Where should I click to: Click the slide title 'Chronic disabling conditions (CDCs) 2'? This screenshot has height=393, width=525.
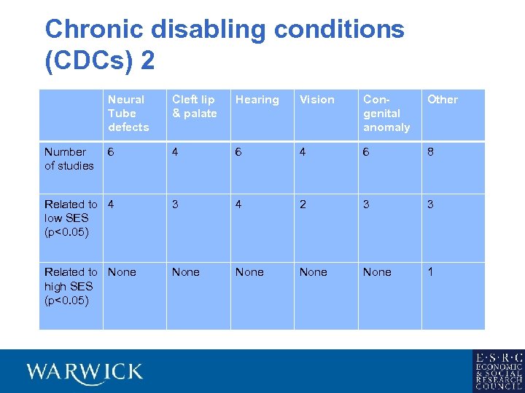tap(224, 44)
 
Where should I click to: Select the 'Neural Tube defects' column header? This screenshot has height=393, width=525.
tap(128, 113)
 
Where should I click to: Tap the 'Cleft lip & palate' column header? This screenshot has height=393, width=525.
tap(194, 106)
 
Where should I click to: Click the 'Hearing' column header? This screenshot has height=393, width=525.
tap(257, 100)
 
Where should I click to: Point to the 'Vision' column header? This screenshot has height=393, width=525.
tap(317, 100)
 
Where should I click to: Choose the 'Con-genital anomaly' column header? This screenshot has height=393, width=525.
tap(386, 113)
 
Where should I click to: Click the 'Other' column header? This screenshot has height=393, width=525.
tap(443, 100)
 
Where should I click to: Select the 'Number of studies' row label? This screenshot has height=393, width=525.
tap(69, 159)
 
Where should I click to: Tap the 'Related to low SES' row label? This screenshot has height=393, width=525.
tap(71, 218)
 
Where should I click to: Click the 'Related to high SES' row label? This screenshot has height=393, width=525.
tap(71, 286)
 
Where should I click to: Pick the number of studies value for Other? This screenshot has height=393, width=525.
tap(430, 152)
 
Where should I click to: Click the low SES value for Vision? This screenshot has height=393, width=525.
tap(303, 205)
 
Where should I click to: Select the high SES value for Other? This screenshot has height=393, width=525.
tap(430, 272)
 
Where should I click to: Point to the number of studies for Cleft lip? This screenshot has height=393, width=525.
tap(175, 152)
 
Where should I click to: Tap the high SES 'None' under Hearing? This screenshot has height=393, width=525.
tap(249, 272)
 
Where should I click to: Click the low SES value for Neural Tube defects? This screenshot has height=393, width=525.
tap(111, 205)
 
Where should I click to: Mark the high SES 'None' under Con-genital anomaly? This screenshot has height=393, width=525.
tap(377, 272)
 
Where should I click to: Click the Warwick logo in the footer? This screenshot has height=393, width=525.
tap(85, 372)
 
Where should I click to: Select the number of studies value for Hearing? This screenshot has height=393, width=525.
tap(238, 152)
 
